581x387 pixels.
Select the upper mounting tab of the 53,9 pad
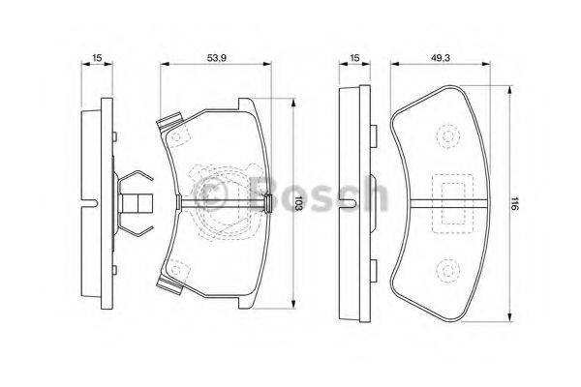click(170, 124)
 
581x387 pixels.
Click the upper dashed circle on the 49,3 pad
click(447, 138)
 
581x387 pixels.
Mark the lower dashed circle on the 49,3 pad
click(447, 268)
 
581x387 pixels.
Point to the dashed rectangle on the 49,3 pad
click(447, 202)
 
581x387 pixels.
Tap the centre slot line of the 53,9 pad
click(223, 203)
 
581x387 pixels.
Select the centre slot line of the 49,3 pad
click(447, 203)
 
